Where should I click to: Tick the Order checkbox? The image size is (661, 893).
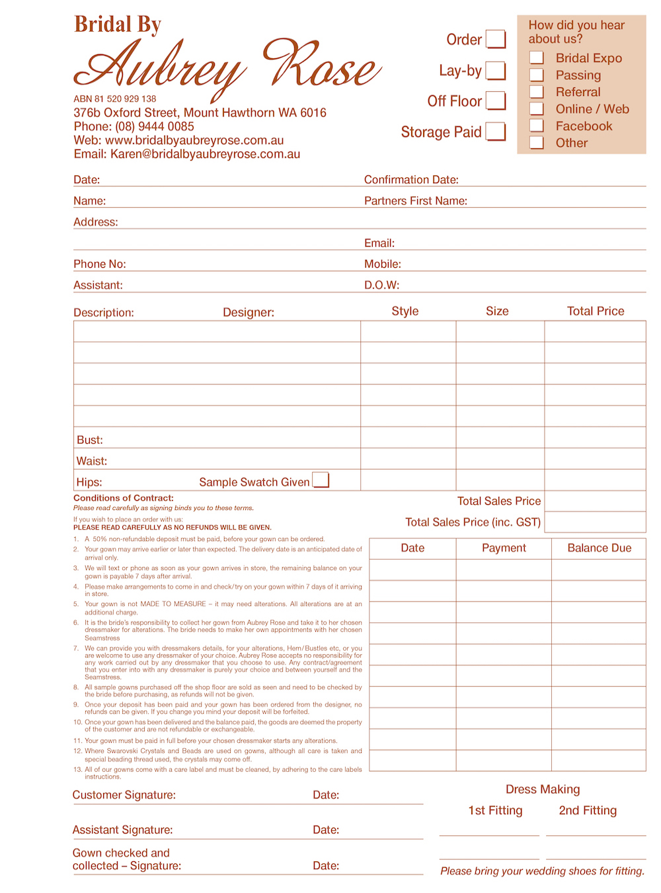(x=496, y=39)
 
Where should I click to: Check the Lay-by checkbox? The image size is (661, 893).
(x=496, y=70)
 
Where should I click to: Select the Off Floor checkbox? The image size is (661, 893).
(x=496, y=101)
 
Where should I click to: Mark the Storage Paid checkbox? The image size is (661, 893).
(x=496, y=132)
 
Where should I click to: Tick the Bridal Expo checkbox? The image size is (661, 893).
(x=537, y=58)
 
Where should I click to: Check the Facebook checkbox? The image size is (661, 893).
(x=537, y=126)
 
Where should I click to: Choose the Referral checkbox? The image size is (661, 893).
(x=537, y=92)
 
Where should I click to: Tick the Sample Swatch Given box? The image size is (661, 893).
(x=321, y=480)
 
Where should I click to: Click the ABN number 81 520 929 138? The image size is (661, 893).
(x=115, y=99)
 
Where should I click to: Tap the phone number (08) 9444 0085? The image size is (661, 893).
(x=155, y=126)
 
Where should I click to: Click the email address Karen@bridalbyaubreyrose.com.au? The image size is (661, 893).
(x=205, y=154)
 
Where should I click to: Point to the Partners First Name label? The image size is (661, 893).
(x=416, y=201)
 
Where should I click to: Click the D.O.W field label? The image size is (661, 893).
(x=381, y=285)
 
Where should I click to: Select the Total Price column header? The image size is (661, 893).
(x=596, y=311)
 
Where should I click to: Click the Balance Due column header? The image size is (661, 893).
(x=600, y=548)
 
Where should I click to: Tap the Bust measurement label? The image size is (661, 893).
(x=90, y=440)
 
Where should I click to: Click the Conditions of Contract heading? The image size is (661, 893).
(x=124, y=498)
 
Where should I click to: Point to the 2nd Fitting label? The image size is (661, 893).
(x=588, y=810)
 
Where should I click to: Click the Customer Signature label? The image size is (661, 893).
(x=124, y=795)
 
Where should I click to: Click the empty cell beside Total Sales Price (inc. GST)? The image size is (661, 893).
(x=595, y=522)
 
